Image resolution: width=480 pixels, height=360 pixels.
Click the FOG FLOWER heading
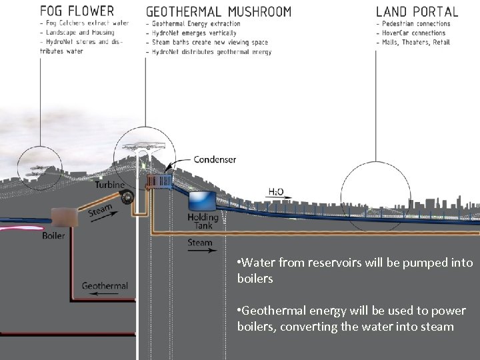coord(77,11)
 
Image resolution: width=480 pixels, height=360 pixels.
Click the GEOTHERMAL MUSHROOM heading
coord(219,11)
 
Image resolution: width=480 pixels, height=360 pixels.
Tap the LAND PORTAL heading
coord(417,11)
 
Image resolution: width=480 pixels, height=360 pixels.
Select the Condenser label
coord(215,160)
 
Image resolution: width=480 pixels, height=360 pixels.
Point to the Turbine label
coord(109,185)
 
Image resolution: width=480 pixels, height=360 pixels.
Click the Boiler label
coord(54,235)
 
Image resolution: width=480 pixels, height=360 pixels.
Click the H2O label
coord(275,191)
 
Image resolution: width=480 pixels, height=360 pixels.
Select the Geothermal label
coord(105,286)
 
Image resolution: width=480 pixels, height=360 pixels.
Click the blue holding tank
coord(201,201)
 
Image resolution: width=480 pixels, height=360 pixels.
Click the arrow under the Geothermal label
coord(100,294)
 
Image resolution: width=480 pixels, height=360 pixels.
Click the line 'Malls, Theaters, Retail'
coord(416,42)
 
